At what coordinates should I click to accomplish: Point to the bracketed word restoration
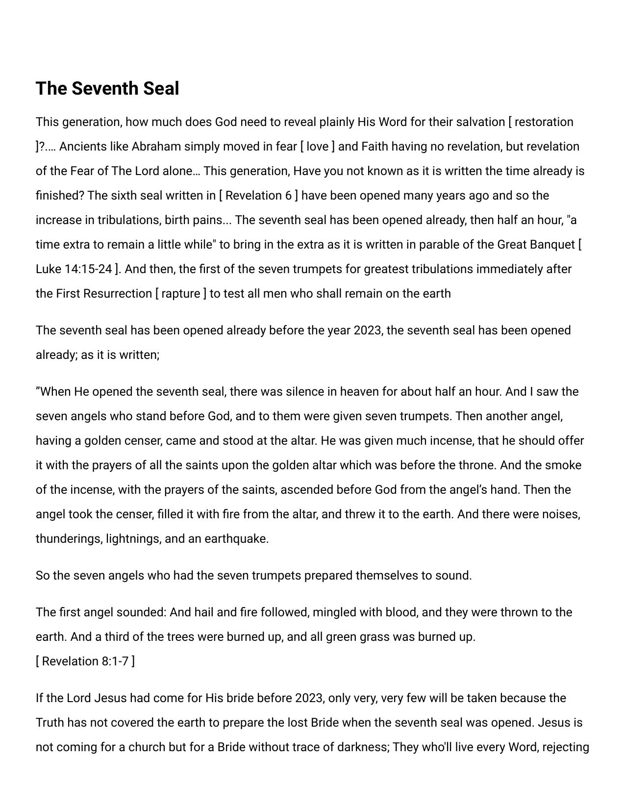[544, 122]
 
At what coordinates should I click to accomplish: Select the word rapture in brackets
[181, 294]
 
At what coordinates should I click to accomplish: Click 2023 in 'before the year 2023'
[367, 330]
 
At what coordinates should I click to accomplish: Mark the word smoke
[563, 465]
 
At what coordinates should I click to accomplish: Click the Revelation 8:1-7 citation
[85, 661]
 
